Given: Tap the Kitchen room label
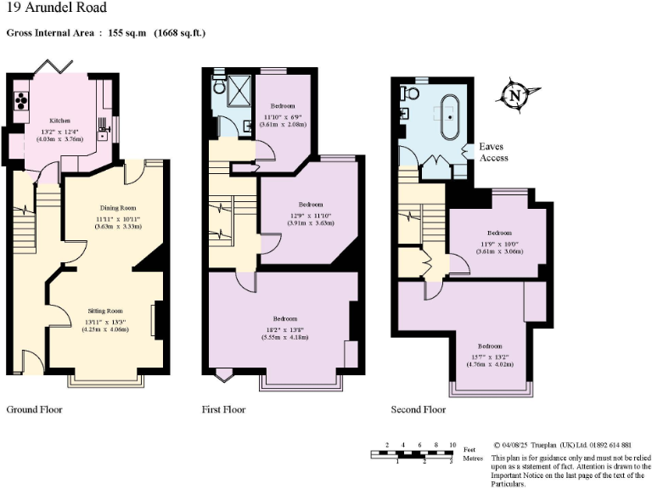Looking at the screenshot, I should coord(59,121).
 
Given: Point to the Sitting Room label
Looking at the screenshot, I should coord(106,311).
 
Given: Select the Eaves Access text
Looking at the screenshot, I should coord(493,152).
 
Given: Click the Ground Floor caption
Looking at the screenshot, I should coord(35,409).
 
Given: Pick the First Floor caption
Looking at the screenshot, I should coord(224,409).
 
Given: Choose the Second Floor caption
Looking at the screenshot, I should coord(419,409).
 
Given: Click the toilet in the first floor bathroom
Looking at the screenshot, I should coord(219,86).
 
